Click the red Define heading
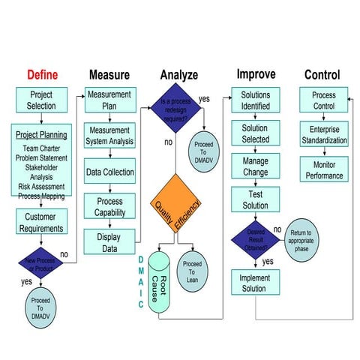pos(42,75)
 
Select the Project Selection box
pos(41,100)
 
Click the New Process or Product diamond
pos(40,264)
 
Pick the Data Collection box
pos(110,172)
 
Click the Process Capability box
pos(109,208)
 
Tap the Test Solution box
pos(256,200)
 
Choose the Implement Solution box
pos(253,283)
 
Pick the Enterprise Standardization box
pos(324,135)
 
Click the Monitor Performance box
pos(324,170)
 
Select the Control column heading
pos(322,75)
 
